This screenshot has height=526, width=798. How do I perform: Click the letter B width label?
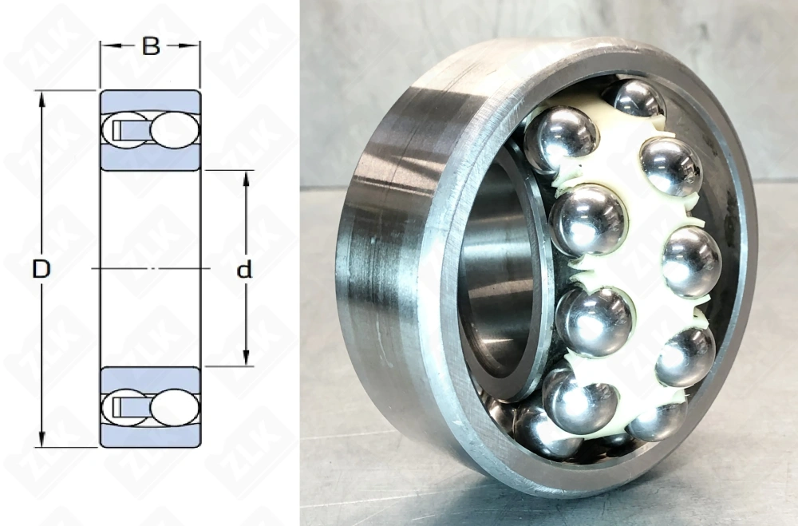pyautogui.click(x=150, y=47)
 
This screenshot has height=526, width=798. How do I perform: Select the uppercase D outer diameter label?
pyautogui.click(x=41, y=270)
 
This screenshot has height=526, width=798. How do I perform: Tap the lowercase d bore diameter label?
pyautogui.click(x=245, y=270)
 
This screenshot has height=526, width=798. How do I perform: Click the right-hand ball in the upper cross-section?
pyautogui.click(x=173, y=130)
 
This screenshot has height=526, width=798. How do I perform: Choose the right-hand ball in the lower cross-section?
pyautogui.click(x=173, y=406)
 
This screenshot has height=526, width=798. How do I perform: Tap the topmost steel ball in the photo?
pyautogui.click(x=635, y=99)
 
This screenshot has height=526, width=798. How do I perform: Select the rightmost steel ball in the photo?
pyautogui.click(x=691, y=262)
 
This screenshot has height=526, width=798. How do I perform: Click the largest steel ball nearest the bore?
pyautogui.click(x=588, y=219)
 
